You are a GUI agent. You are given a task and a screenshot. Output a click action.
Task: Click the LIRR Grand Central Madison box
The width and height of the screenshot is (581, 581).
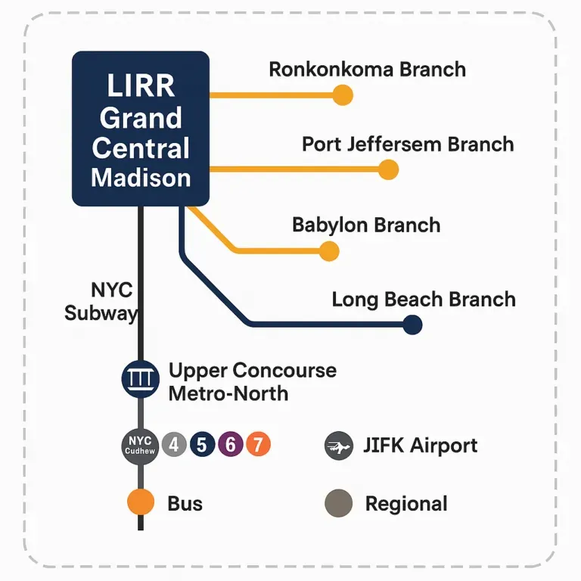point(141,129)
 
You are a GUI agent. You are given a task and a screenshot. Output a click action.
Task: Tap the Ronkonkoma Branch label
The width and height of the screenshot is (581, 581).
point(367,70)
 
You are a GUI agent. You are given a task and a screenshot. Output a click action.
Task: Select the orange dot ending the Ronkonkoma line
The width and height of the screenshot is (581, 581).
point(343,95)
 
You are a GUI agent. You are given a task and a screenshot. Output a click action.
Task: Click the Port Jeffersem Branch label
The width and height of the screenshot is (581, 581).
point(408,144)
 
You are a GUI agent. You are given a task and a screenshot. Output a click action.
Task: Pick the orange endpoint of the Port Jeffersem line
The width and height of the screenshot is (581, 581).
point(388,169)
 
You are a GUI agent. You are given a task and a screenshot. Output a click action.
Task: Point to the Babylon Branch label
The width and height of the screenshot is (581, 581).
point(366,225)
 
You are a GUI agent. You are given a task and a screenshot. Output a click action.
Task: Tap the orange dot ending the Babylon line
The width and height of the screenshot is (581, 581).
point(329,251)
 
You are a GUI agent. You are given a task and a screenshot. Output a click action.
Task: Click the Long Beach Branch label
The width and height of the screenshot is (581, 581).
point(424,299)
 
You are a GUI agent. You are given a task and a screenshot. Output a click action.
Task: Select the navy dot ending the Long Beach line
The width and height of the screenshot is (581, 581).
point(412,325)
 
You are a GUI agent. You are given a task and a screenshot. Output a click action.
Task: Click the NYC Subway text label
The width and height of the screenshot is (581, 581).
point(101,301)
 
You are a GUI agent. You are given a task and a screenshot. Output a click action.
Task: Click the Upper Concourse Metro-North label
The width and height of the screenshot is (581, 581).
point(252,382)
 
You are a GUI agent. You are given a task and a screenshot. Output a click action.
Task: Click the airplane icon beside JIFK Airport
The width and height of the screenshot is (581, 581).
point(338,446)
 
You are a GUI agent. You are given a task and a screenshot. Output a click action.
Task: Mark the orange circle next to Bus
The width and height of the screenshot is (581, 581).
point(141,503)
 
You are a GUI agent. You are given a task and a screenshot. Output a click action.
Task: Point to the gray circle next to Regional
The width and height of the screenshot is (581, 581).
point(338,503)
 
